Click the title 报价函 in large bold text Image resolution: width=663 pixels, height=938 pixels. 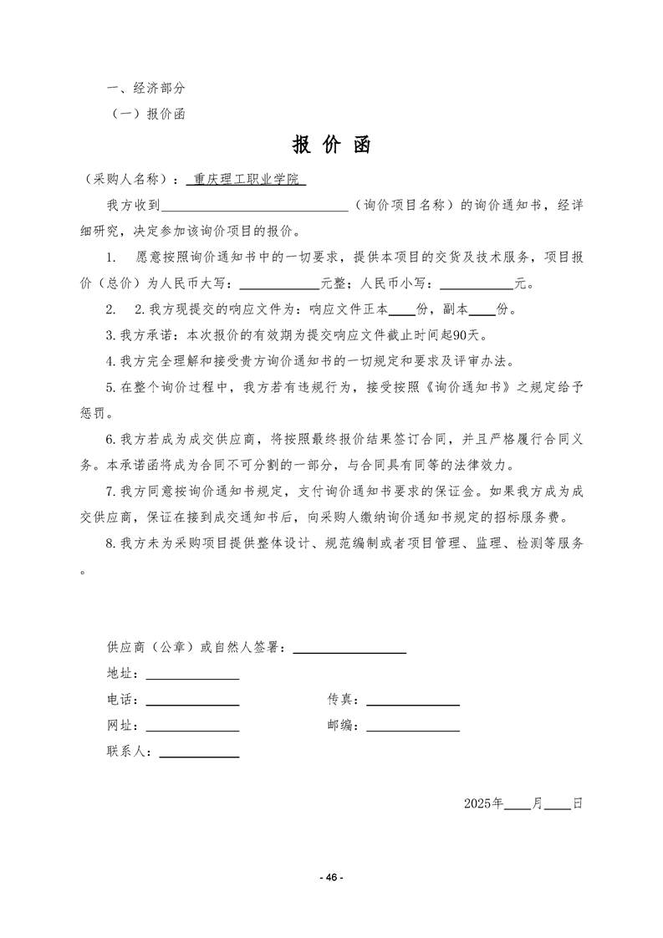[331, 145]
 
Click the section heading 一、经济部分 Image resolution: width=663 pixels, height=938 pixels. [145, 88]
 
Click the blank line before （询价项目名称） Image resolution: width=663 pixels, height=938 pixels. [255, 206]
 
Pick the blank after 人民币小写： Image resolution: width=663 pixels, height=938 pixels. [476, 283]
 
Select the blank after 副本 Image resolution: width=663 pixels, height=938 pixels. [482, 310]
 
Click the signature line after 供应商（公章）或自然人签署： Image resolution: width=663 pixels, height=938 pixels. [349, 648]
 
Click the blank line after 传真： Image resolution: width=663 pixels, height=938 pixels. [413, 701]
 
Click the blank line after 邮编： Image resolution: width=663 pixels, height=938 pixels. [413, 726]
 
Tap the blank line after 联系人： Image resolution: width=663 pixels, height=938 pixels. [199, 752]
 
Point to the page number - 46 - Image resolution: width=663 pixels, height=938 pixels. [332, 877]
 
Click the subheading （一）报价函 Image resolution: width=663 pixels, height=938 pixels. [148, 115]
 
